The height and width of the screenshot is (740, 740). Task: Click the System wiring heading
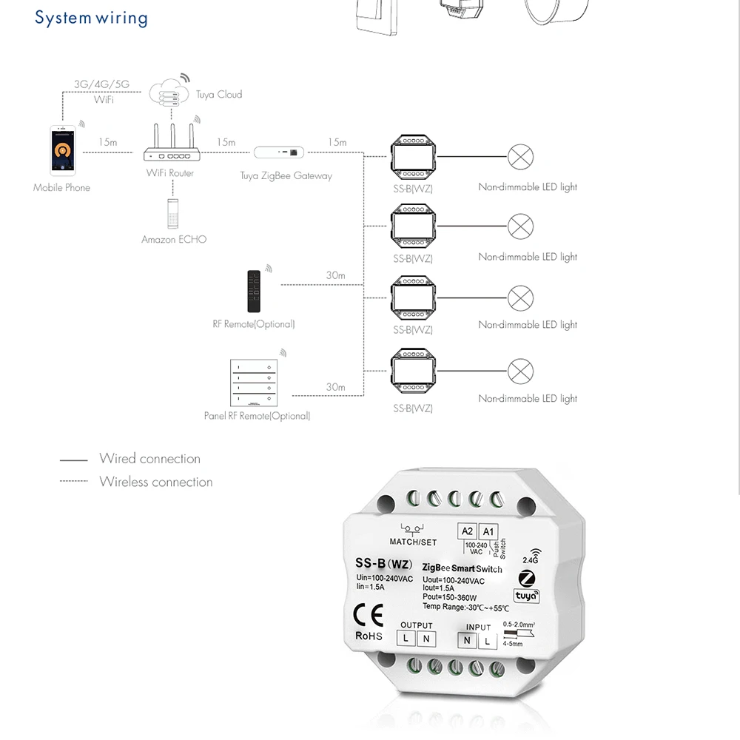click(91, 18)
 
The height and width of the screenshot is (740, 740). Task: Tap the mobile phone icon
click(62, 151)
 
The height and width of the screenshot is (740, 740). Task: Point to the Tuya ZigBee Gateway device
click(279, 152)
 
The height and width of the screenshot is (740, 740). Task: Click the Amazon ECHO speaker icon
click(174, 213)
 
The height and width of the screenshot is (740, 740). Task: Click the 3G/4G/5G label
click(101, 84)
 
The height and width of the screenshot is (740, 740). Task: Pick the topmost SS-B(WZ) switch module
click(414, 157)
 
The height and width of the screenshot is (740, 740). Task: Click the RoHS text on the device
click(369, 635)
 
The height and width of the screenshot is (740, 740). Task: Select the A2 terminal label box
click(467, 531)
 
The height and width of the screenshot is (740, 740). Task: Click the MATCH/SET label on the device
click(413, 542)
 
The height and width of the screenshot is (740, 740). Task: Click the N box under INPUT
click(467, 641)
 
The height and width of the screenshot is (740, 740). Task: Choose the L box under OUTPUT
click(406, 638)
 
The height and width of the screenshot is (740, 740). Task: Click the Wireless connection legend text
click(156, 482)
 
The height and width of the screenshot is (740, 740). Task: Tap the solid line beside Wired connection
click(74, 460)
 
